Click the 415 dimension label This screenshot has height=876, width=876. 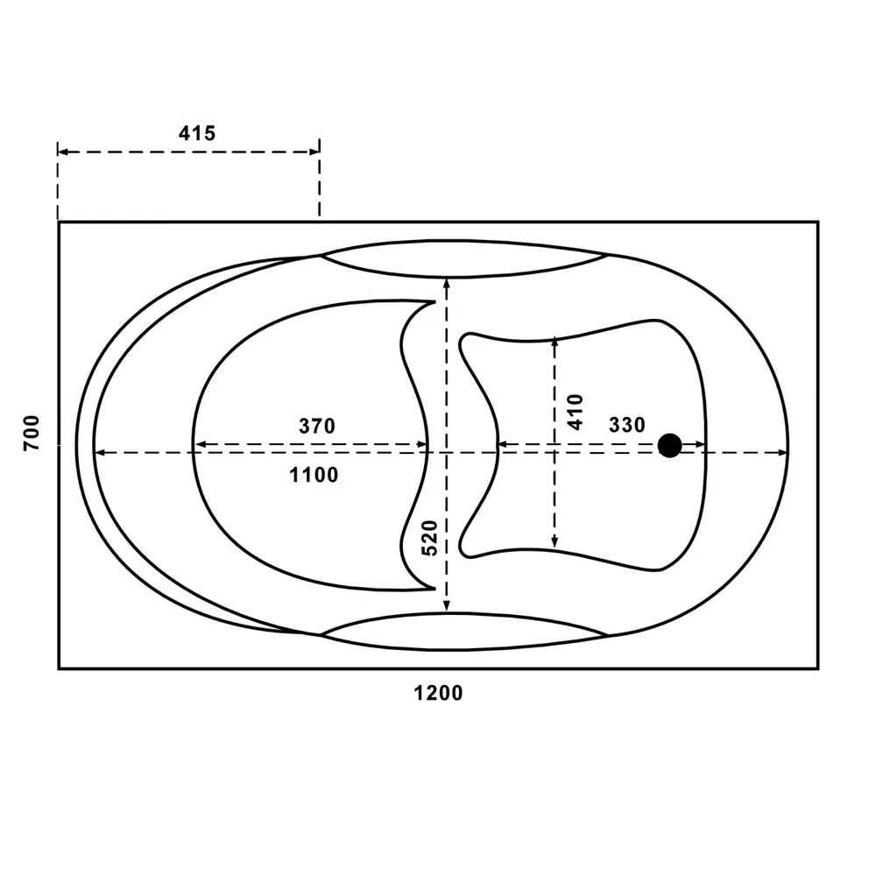(x=196, y=133)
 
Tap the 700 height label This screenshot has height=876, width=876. (x=32, y=433)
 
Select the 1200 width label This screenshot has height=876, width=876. (x=438, y=693)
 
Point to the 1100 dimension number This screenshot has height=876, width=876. (x=314, y=475)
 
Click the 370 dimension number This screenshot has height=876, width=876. (x=317, y=427)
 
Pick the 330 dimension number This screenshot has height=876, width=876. (x=627, y=425)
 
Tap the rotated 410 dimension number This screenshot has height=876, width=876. (x=576, y=412)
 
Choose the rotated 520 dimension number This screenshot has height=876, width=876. (x=429, y=538)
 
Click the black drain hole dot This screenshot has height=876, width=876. (x=669, y=445)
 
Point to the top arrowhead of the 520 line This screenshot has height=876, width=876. (x=447, y=283)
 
